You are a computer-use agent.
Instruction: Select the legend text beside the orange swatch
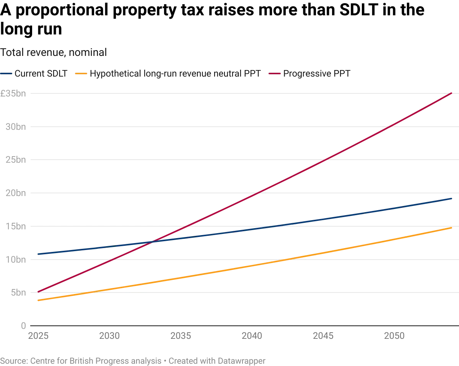pyautogui.click(x=176, y=73)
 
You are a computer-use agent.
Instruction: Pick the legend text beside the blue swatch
pyautogui.click(x=41, y=73)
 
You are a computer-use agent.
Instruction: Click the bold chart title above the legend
pyautogui.click(x=53, y=52)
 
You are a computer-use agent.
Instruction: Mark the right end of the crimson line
pyautogui.click(x=452, y=93)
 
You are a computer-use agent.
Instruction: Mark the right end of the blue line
pyautogui.click(x=452, y=199)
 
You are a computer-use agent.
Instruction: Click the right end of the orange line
pyautogui.click(x=452, y=228)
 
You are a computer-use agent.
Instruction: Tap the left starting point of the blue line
pyautogui.click(x=37, y=254)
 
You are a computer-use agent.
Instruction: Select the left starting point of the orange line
pyautogui.click(x=37, y=301)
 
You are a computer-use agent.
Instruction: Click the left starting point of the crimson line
pyautogui.click(x=37, y=292)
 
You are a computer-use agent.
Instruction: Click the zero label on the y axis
pyautogui.click(x=24, y=325)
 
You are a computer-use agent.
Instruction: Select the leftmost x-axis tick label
pyautogui.click(x=38, y=336)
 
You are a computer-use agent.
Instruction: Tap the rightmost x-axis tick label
pyautogui.click(x=394, y=336)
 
